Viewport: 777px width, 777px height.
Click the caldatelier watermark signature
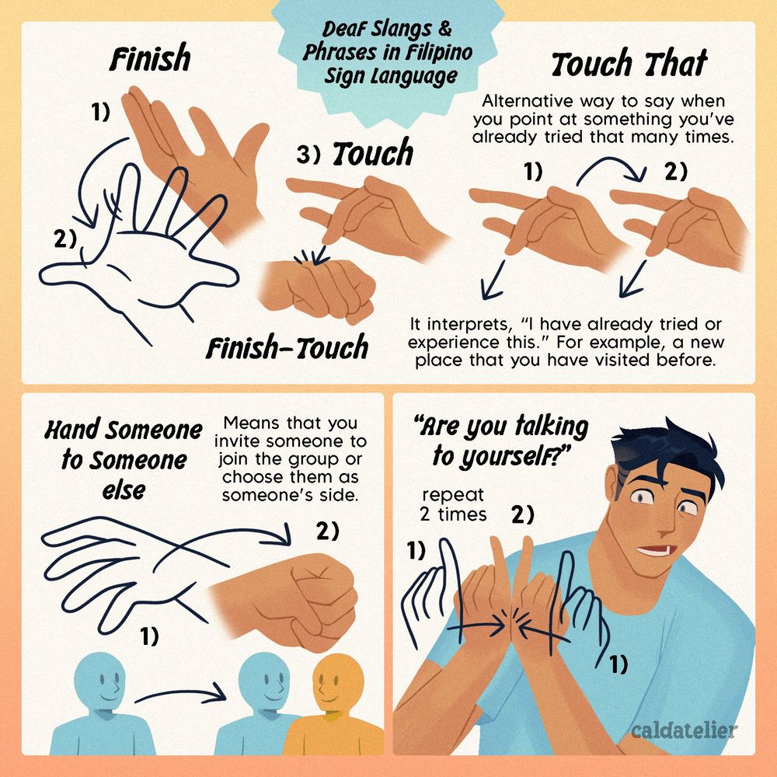tap(685, 730)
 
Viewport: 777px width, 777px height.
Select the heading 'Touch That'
tap(629, 64)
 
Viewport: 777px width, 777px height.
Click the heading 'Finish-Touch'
tap(287, 347)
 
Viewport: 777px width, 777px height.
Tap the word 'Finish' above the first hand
tap(150, 57)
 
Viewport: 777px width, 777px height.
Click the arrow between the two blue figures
tap(180, 693)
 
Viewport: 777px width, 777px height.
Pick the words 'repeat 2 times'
tap(453, 504)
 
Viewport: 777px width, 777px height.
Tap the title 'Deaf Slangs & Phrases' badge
tap(388, 54)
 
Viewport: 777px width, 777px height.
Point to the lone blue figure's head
tap(99, 681)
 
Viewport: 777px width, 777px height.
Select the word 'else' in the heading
tap(124, 490)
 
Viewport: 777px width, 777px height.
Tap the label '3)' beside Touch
tap(308, 155)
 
